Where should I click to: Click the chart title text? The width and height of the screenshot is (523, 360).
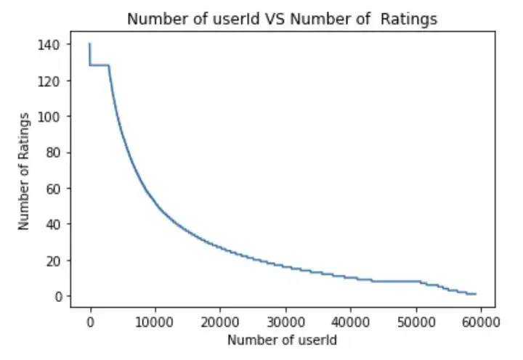282,20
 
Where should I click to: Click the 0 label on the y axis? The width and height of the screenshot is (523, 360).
57,296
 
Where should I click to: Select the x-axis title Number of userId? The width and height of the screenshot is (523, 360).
281,339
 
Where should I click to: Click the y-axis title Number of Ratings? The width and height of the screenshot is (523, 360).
24,171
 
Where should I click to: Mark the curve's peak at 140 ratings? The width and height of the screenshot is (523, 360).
90,44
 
